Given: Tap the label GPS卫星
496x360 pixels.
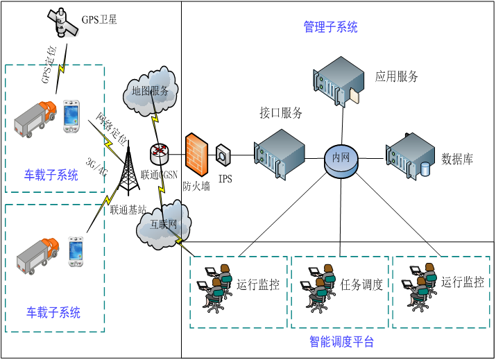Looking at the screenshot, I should [x=99, y=19].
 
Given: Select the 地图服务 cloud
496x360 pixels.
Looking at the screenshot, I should [x=151, y=92].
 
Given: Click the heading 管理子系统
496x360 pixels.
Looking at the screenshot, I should [x=331, y=28].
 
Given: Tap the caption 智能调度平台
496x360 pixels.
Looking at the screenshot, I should [x=341, y=341].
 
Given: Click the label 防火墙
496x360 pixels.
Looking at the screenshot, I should [x=196, y=185].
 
